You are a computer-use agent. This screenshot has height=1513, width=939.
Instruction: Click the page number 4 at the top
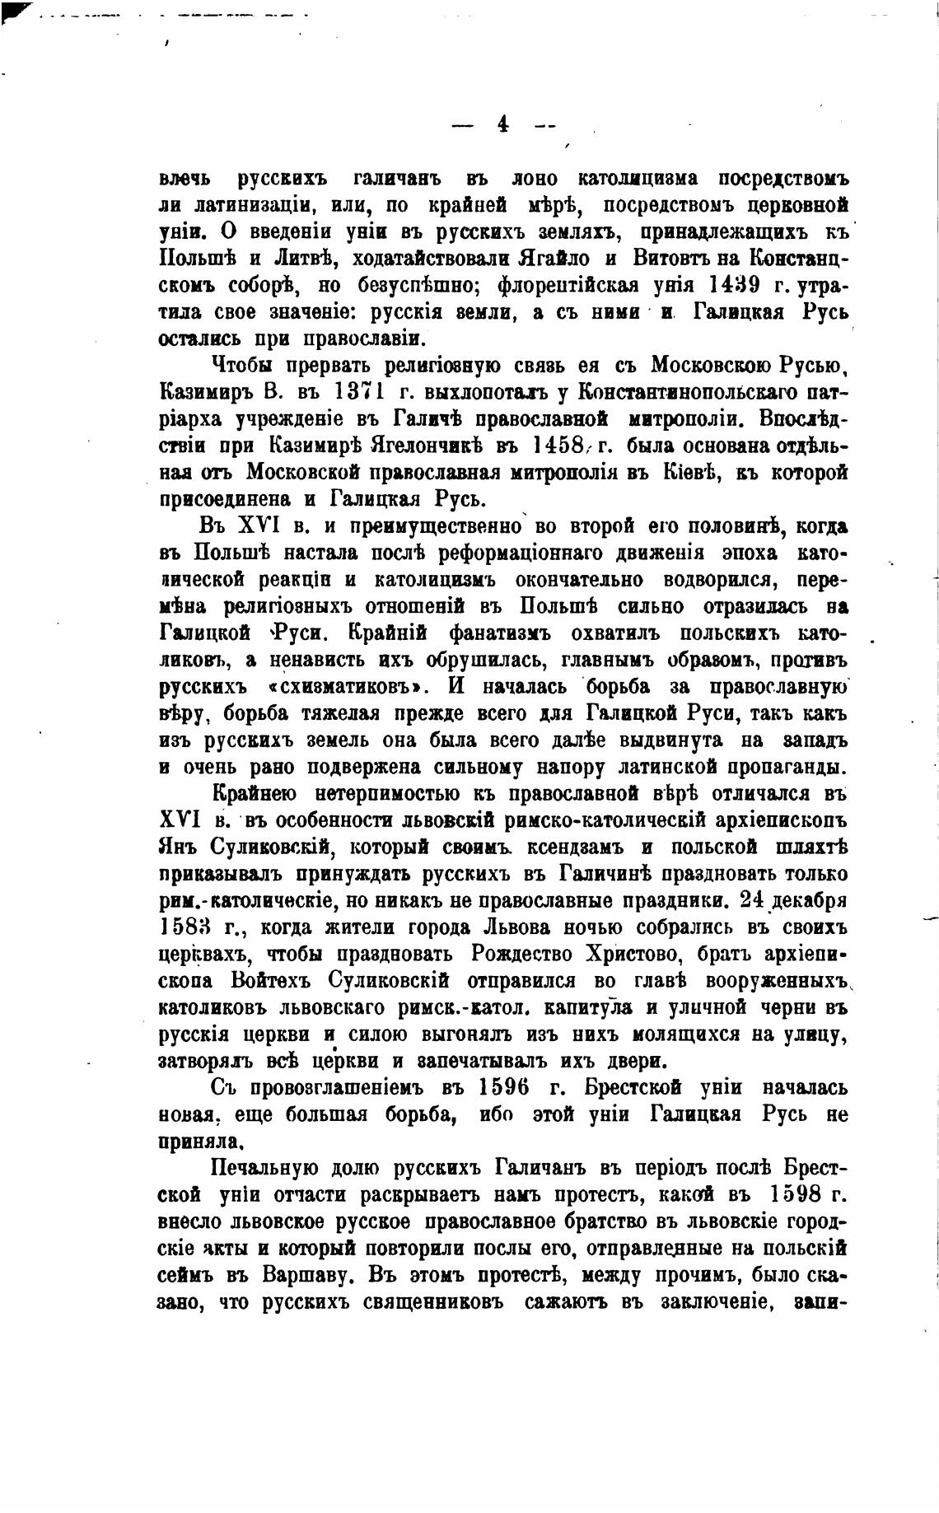point(502,124)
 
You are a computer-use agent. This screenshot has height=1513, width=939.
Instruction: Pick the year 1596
point(502,1087)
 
